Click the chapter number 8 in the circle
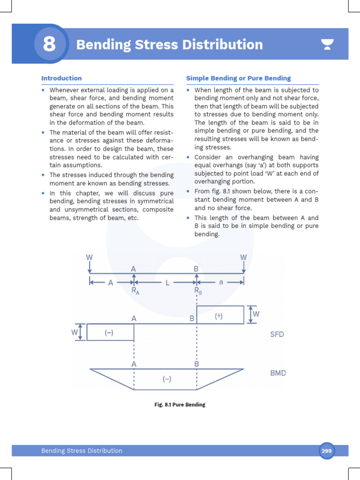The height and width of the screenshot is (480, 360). tap(49, 45)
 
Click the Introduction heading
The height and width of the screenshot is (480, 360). tap(61, 78)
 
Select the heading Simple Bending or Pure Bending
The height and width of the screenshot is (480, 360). tap(238, 78)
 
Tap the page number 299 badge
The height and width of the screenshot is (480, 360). tap(326, 451)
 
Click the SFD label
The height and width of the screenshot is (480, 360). tap(277, 335)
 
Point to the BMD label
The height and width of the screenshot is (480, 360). tap(278, 374)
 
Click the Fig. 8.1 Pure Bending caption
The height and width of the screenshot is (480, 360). tap(180, 405)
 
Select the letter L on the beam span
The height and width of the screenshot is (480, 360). tap(166, 283)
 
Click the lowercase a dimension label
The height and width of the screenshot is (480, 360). tap(221, 282)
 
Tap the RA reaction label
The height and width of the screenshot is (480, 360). tap(135, 291)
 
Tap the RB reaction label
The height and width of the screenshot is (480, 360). tap(198, 291)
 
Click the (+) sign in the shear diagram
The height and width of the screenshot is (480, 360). tap(218, 316)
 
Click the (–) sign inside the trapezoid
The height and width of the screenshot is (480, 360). tap(167, 380)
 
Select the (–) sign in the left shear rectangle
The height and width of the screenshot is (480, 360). tap(109, 333)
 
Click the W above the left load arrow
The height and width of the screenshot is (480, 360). tap(89, 257)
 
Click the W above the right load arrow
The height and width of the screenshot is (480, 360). tap(243, 257)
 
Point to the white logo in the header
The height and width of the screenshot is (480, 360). tap(327, 45)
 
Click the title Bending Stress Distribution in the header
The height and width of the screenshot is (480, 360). tap(169, 45)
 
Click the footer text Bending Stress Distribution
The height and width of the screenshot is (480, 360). tap(82, 451)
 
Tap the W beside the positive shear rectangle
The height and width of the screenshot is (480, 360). tap(256, 314)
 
